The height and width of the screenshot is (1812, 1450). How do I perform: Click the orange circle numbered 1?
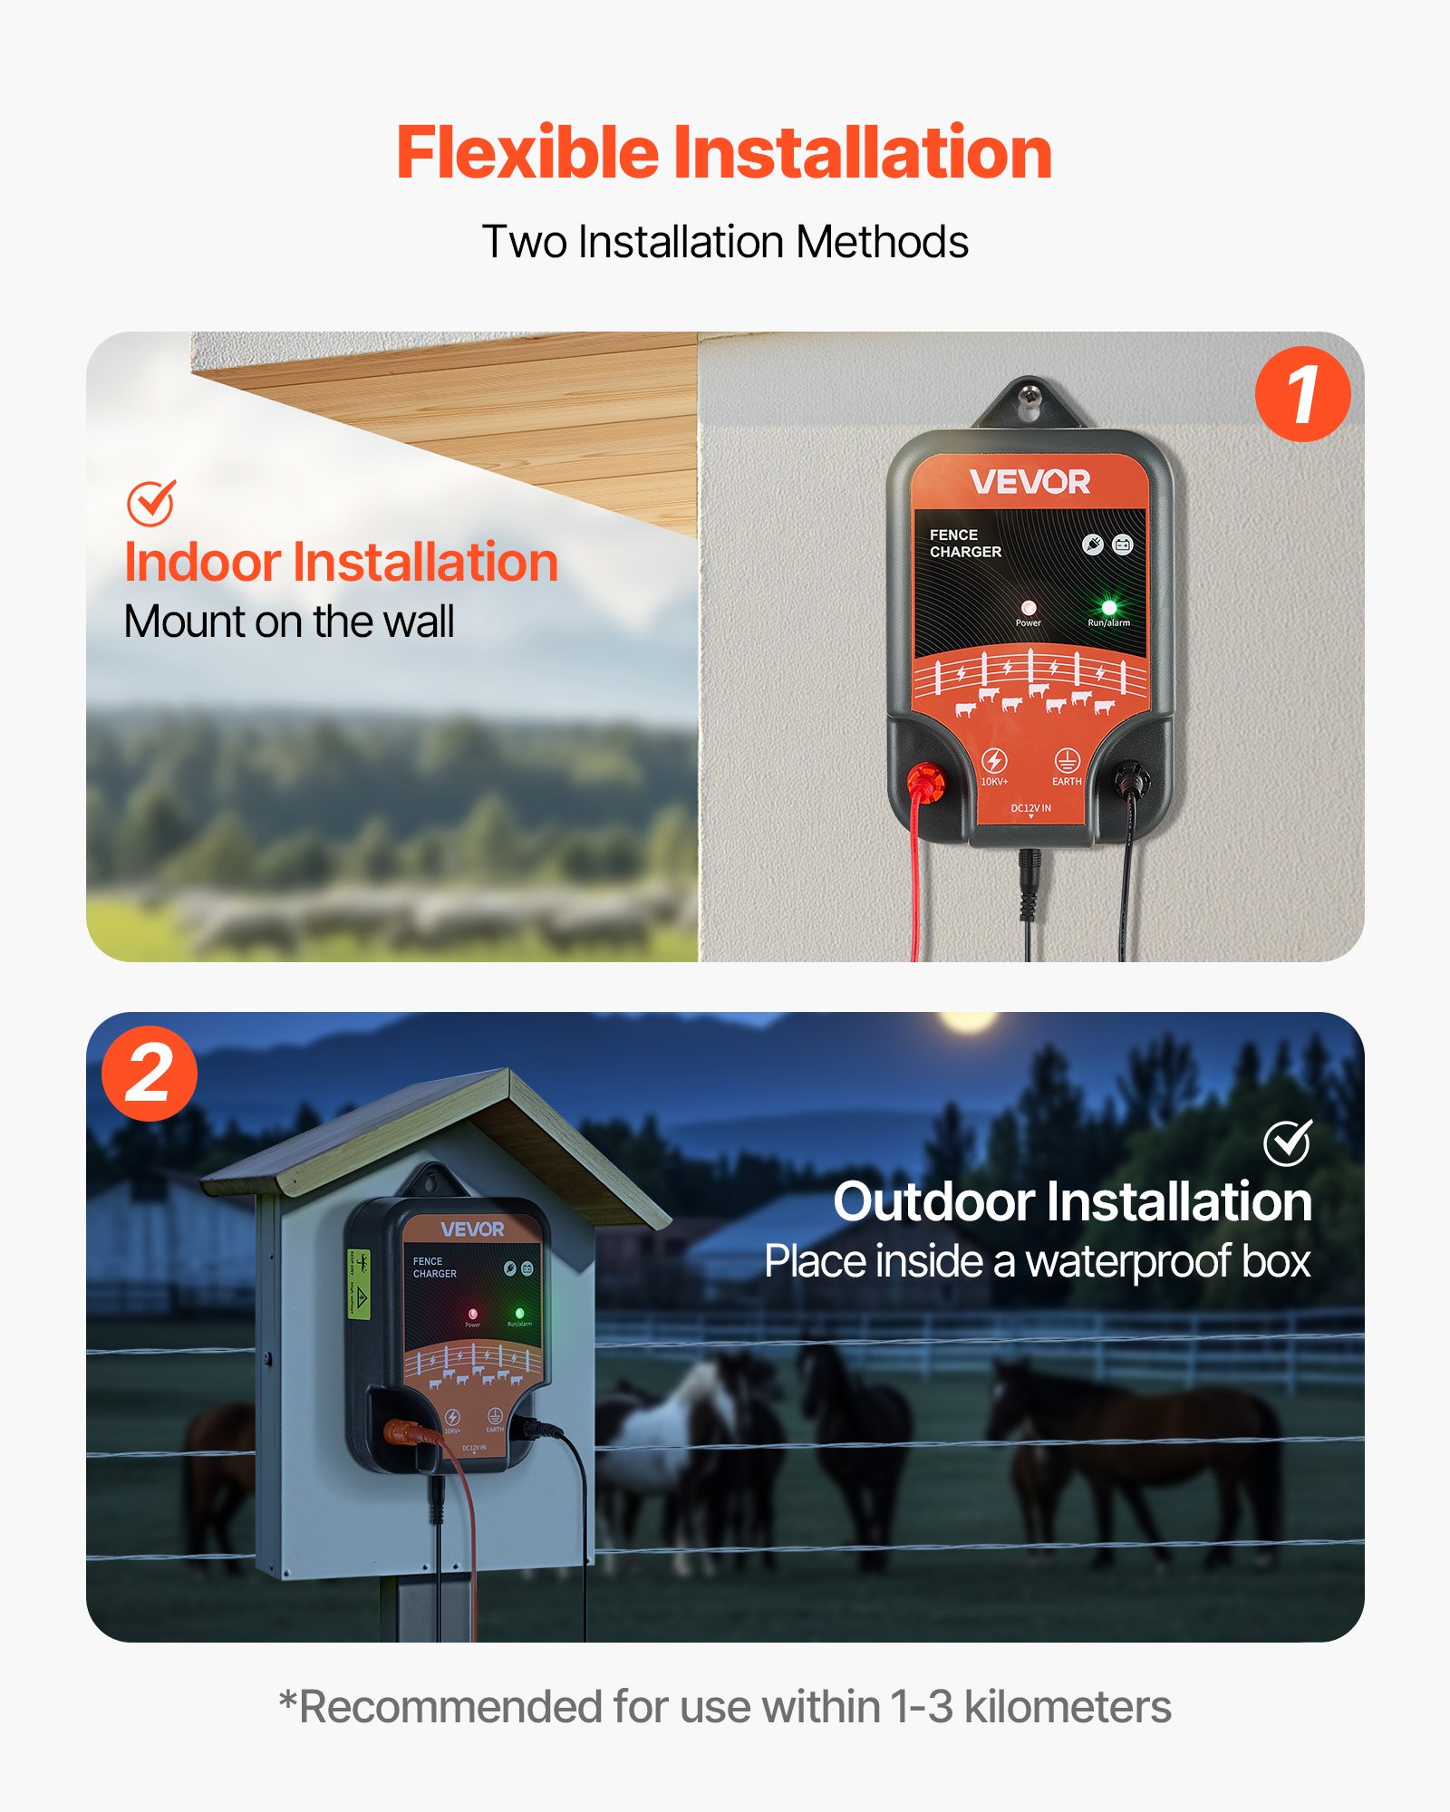click(1302, 394)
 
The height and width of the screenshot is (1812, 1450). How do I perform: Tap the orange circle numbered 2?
click(149, 1074)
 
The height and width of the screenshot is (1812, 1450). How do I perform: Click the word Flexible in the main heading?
click(527, 152)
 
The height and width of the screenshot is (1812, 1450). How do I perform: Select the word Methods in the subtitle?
click(883, 242)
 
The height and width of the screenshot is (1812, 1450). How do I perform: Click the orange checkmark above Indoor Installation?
click(150, 503)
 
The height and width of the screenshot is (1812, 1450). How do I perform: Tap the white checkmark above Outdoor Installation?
click(1287, 1142)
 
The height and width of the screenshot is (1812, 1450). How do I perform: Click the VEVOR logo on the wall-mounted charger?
click(1030, 482)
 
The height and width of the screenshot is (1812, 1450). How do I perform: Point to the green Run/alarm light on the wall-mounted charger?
click(1108, 607)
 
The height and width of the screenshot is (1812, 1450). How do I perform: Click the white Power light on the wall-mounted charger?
click(1028, 607)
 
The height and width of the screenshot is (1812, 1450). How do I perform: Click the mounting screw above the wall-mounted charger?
click(1029, 395)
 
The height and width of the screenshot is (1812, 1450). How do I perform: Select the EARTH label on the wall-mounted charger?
click(1067, 781)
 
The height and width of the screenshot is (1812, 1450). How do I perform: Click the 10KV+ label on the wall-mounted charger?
click(994, 781)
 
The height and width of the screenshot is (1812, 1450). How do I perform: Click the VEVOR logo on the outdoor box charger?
click(472, 1229)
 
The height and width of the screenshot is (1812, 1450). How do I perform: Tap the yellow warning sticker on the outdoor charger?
click(359, 1284)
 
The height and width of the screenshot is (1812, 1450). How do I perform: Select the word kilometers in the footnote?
click(1067, 1707)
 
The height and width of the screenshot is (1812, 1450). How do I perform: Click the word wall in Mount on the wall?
click(418, 622)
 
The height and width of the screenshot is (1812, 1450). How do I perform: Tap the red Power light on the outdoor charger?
click(472, 1313)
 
